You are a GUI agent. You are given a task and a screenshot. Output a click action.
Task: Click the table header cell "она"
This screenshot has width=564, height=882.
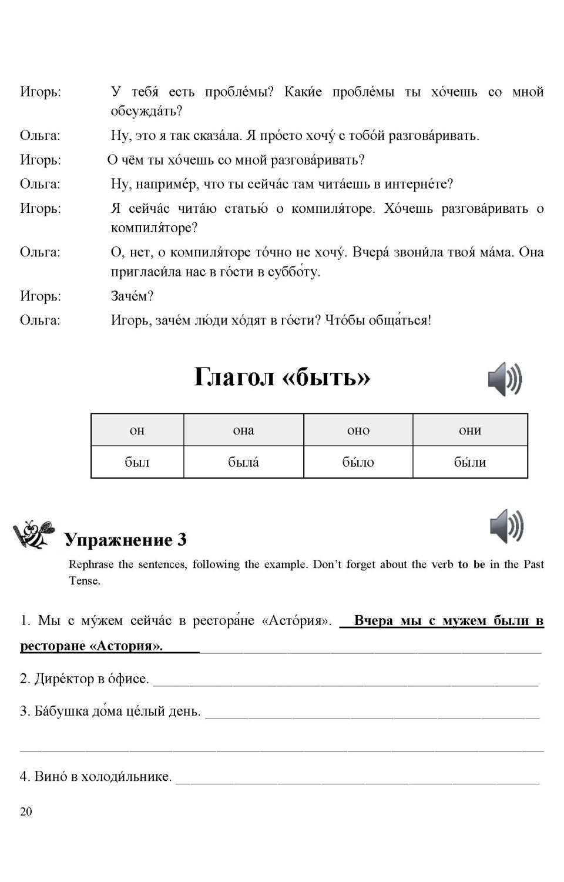pos(243,430)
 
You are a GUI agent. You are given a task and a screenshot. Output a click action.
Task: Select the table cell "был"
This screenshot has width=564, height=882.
pos(137,462)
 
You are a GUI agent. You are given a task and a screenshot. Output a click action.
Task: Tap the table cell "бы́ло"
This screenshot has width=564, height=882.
pos(358,462)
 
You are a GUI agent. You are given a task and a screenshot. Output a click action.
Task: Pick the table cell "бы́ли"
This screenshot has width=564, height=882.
pos(470,462)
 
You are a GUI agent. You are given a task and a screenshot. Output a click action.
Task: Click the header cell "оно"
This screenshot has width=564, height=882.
pos(358,430)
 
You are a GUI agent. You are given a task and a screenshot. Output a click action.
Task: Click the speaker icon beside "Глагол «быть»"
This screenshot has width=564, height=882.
pos(505,379)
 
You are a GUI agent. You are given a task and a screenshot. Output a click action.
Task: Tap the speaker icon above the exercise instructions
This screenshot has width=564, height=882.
pos(506,526)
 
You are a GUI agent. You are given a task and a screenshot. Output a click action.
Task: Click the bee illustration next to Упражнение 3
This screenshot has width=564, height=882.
pos(34,534)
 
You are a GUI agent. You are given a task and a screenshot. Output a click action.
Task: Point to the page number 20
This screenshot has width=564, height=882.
pos(26,811)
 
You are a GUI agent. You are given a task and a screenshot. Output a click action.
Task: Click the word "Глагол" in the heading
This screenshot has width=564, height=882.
pos(234,377)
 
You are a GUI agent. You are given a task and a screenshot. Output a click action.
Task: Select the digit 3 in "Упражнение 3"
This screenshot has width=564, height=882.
pos(182,539)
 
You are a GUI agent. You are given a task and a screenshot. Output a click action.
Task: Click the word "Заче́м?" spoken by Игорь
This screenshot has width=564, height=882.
pos(132,296)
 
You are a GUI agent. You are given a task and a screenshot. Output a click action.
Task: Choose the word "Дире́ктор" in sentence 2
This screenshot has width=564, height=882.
pos(62,679)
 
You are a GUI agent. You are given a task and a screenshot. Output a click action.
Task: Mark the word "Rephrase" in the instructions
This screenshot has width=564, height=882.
pos(91,564)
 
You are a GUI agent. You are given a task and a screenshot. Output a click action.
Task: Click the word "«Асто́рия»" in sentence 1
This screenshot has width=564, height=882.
pos(297,621)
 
